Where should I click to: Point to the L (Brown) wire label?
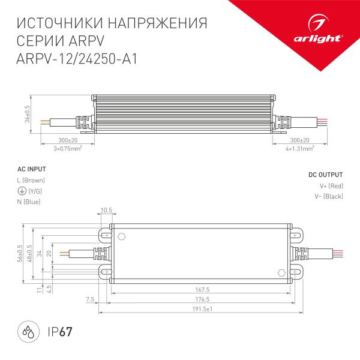click(x=31, y=180)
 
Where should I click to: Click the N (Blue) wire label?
click(x=29, y=202)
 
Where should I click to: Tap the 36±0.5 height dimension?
click(x=27, y=113)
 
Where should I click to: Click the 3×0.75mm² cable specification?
click(x=67, y=148)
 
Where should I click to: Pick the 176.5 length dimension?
click(x=200, y=299)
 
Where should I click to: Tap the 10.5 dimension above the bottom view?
click(x=106, y=210)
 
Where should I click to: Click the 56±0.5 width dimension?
click(x=20, y=253)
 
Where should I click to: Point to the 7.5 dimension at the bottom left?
click(x=91, y=298)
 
